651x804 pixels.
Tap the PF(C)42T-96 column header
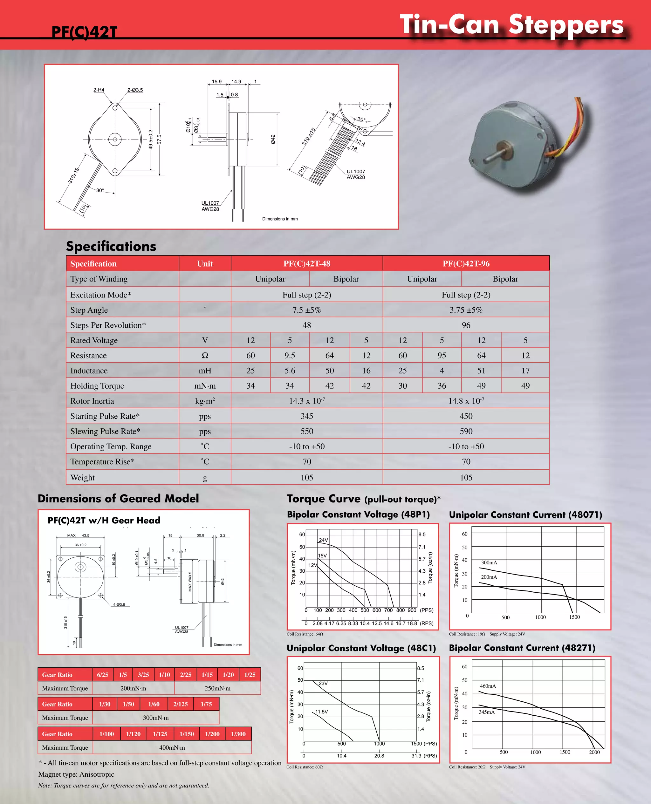466,263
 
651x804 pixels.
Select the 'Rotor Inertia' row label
92,401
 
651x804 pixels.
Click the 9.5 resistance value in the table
290,355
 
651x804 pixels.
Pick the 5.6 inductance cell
290,371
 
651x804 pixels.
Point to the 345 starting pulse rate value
307,416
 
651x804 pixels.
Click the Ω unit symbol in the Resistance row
205,355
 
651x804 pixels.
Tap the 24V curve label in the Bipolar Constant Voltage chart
323,540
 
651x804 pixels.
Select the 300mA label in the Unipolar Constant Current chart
489,562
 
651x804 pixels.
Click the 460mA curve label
488,686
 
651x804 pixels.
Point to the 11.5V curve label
321,712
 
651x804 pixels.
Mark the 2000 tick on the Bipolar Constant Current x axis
594,752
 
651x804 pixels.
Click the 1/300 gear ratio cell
238,734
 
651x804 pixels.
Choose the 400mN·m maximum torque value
172,747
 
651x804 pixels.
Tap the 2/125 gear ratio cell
180,704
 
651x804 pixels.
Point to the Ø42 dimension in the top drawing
273,139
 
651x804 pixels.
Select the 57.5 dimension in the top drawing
159,140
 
